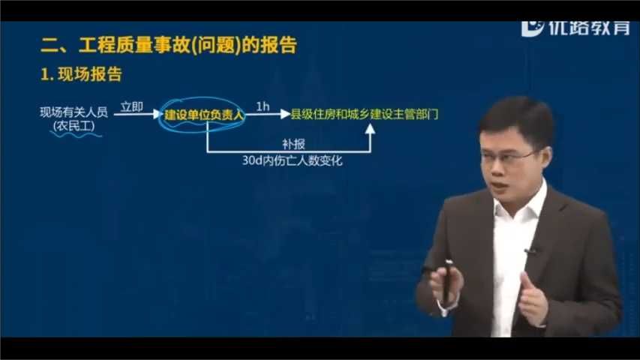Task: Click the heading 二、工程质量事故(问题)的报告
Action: (x=169, y=46)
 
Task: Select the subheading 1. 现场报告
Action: (x=81, y=75)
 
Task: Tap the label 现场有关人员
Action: (x=74, y=112)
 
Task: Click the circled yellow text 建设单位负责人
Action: (x=205, y=115)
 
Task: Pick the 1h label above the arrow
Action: (x=263, y=106)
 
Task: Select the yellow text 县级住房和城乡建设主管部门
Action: (x=365, y=114)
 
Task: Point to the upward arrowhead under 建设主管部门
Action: (x=370, y=129)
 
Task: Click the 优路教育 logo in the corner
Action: (x=575, y=28)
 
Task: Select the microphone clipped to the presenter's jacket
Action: (x=530, y=250)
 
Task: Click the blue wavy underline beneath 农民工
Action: (x=74, y=133)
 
